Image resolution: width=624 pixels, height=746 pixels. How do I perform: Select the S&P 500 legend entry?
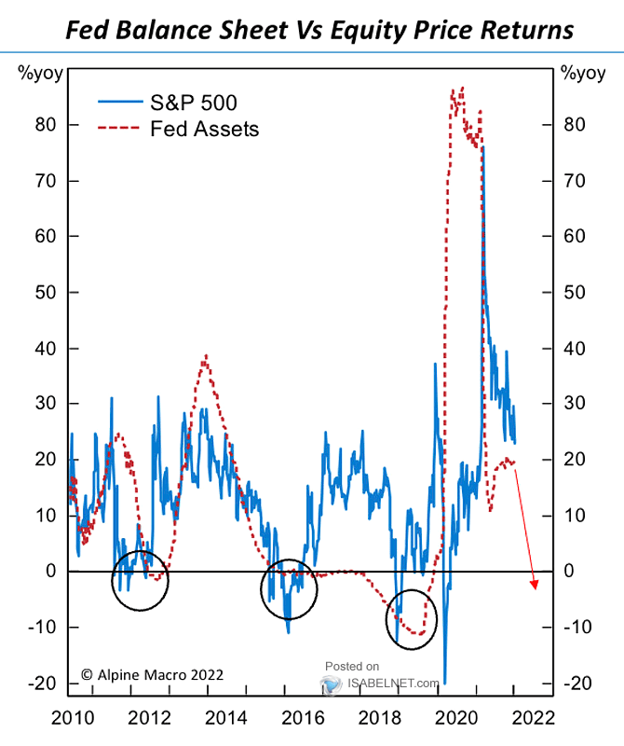[x=194, y=103]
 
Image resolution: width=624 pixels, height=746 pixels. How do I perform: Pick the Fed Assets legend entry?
[x=204, y=130]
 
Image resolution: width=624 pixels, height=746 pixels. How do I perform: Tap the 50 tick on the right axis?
[x=575, y=292]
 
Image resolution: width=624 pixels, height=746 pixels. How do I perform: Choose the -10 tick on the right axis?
[x=577, y=628]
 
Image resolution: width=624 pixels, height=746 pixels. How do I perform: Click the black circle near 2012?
[x=141, y=580]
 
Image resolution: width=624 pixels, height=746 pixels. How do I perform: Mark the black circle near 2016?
[x=289, y=590]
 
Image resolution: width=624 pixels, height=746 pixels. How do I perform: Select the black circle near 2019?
[x=411, y=618]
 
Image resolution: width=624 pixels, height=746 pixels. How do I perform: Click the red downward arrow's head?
[x=535, y=585]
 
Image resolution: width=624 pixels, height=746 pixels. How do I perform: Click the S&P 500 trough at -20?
[x=444, y=683]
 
